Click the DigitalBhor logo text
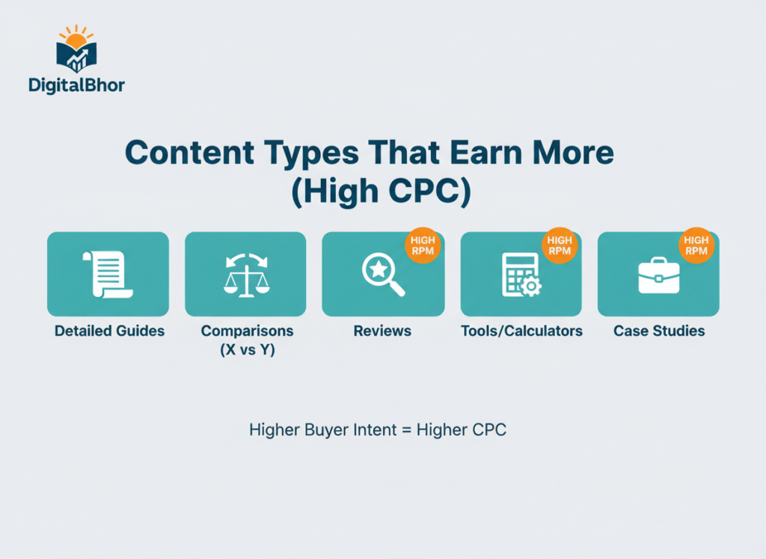click(76, 85)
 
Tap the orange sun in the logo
click(76, 37)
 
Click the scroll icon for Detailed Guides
click(108, 275)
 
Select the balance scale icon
click(245, 275)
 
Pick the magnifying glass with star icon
click(382, 275)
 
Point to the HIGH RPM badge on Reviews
click(422, 245)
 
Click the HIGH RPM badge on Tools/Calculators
click(560, 245)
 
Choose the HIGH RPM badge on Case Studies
click(696, 245)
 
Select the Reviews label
click(382, 331)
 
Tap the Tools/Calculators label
click(521, 331)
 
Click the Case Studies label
click(659, 331)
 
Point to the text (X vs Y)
click(248, 349)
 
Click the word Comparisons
click(248, 331)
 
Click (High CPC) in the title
click(381, 192)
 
